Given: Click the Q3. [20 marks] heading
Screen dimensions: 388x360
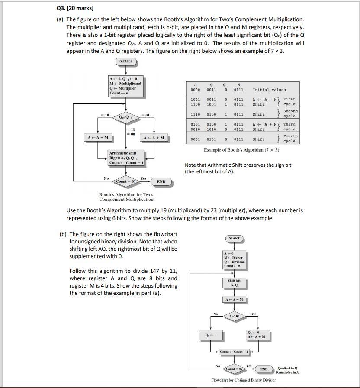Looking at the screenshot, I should coord(75,8).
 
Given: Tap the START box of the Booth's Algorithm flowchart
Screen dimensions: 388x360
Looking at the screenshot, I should coord(126,61).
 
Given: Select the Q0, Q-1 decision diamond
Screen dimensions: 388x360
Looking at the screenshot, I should coord(126,116).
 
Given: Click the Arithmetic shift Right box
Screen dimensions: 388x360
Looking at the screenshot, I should coord(127,158).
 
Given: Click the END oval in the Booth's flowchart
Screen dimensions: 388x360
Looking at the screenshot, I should coord(161,181).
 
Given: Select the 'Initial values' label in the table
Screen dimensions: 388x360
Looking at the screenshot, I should coord(269,90).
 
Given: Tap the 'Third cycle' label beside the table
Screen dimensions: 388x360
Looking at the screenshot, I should coord(289,126).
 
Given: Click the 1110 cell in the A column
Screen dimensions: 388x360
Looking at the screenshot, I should coord(195,115).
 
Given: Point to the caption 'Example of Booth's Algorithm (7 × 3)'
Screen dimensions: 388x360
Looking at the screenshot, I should coord(241,150).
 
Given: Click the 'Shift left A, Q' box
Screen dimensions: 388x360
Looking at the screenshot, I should coord(234,283).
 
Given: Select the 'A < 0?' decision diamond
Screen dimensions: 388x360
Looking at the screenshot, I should coord(234,316).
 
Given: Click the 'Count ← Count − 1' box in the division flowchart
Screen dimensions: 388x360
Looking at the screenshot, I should coord(235,352).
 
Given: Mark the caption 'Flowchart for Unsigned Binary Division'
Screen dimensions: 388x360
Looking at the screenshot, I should coord(244,380).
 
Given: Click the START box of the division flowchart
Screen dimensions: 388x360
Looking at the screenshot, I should coord(234,238).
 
